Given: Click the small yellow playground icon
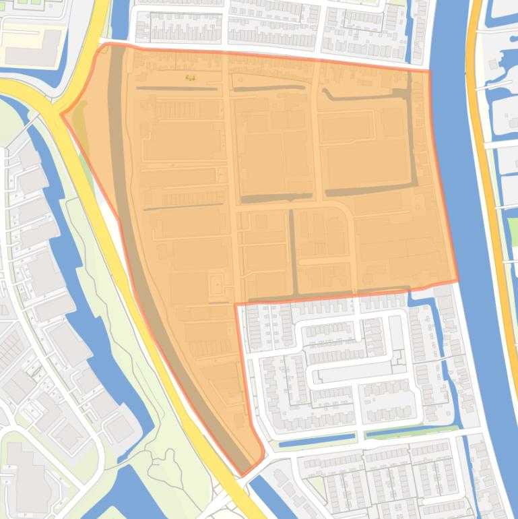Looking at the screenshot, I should (x=191, y=78).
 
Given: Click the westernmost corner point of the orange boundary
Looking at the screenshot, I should (x=62, y=115).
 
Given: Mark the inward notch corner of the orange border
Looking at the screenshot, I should (x=236, y=305).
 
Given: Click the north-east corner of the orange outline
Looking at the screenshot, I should (x=429, y=70).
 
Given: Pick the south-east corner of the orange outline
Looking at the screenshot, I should (x=457, y=281).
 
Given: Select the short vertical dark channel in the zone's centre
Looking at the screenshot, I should (x=293, y=249).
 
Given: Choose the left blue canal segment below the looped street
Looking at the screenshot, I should (x=317, y=441).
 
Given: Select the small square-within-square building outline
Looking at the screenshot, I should (x=217, y=286).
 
